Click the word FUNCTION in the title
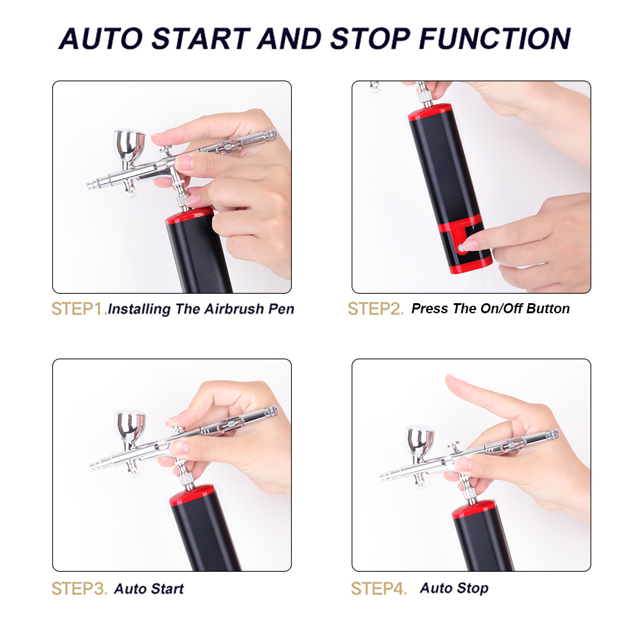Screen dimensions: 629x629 coord(494,38)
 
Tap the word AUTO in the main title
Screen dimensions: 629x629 coord(101,38)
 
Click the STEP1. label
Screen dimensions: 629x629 coord(79,309)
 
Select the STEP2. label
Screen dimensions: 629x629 coord(376,309)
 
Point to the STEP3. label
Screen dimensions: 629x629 coord(79,589)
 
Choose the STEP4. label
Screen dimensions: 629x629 coord(379,589)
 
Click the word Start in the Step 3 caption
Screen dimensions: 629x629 coord(167,589)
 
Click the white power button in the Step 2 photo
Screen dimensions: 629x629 coord(462,248)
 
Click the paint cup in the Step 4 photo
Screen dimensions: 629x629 coord(420,442)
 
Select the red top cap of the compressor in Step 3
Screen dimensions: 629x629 coord(192,495)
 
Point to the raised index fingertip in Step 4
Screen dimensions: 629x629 coord(450,379)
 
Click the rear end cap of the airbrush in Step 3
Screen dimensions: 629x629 coord(272,411)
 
